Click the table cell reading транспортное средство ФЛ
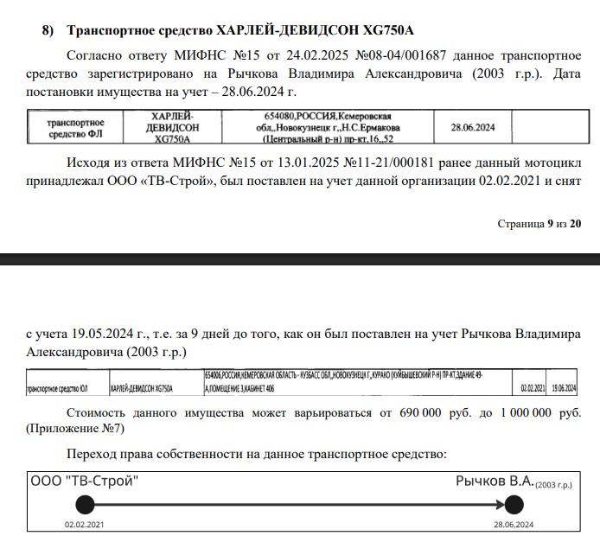75,128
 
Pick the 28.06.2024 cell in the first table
473,128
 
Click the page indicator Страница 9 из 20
539,224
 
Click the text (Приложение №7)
75,429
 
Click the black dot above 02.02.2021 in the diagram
84,505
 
